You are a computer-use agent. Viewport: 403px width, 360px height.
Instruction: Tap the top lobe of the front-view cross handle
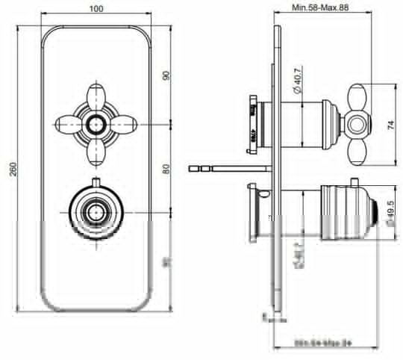(x=96, y=95)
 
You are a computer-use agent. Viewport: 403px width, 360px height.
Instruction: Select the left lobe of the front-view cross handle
(x=67, y=122)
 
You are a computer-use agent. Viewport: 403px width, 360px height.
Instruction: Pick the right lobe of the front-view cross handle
(x=125, y=122)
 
